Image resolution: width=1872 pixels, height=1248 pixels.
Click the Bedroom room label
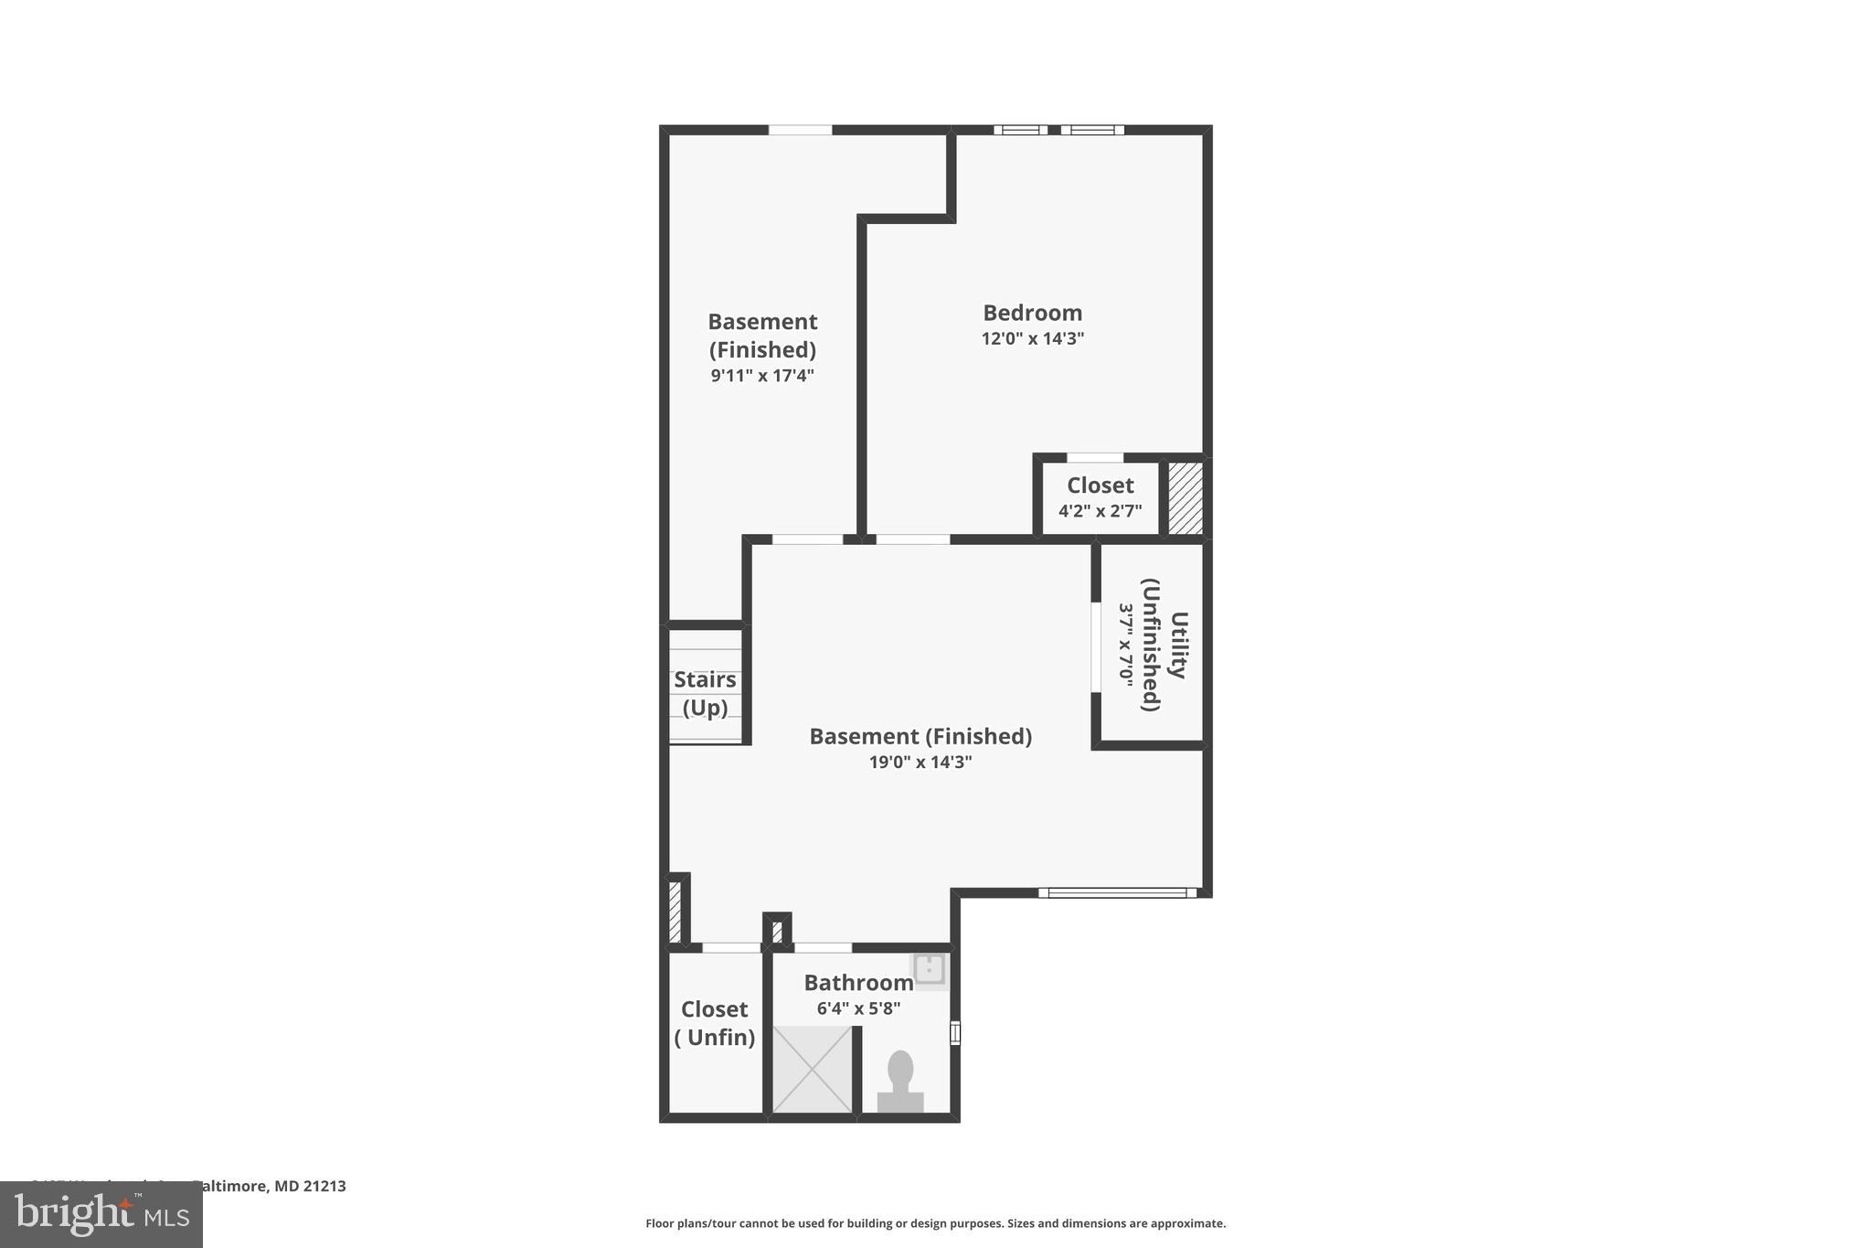click(x=1032, y=313)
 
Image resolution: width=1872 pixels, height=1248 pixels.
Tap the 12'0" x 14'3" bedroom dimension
click(x=1032, y=338)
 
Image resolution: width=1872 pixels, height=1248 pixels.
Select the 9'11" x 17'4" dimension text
click(x=762, y=375)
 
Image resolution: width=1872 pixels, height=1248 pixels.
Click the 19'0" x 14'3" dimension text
click(x=920, y=762)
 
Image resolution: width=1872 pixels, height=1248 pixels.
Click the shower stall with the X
click(x=812, y=1069)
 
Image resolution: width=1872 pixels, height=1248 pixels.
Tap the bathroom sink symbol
click(x=930, y=968)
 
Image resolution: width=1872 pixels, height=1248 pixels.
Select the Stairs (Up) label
click(x=705, y=693)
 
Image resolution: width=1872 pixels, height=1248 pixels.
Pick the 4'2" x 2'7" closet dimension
click(x=1100, y=511)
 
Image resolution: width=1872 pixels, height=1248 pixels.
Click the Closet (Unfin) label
click(x=714, y=1022)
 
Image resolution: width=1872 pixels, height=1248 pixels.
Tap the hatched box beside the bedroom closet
click(x=1186, y=497)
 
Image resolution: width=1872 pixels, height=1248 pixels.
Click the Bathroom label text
click(x=858, y=983)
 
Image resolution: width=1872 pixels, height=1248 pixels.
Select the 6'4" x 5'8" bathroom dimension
click(x=858, y=1008)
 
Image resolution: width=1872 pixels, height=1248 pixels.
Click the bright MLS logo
click(x=101, y=1214)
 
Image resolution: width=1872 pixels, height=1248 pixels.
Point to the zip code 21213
click(x=324, y=1186)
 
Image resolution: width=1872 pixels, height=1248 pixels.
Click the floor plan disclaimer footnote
click(x=935, y=1223)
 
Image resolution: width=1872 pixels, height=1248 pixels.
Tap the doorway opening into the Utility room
click(x=1095, y=646)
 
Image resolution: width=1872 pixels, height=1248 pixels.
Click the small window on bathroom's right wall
click(x=955, y=1033)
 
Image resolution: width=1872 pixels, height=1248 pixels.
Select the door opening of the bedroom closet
click(x=1094, y=457)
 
